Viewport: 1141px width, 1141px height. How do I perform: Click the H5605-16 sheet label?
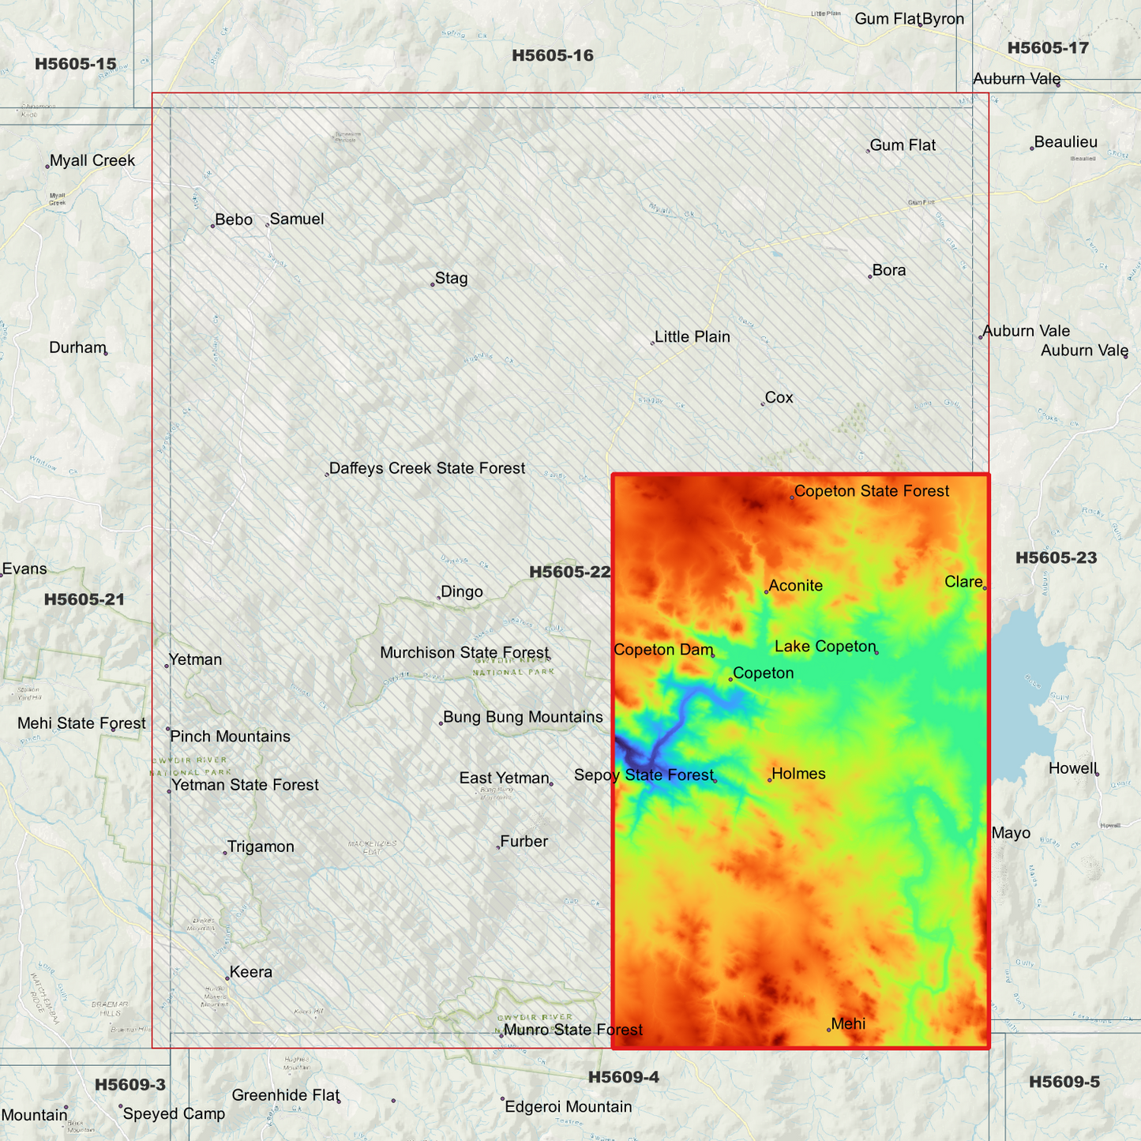(552, 55)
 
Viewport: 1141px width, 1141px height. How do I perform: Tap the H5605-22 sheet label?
(569, 572)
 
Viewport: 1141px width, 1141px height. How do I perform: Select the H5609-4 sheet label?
(623, 1077)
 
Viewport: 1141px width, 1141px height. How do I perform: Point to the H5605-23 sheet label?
(1056, 557)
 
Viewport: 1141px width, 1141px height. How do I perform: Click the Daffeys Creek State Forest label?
(426, 468)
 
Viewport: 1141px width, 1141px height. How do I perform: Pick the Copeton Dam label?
(662, 650)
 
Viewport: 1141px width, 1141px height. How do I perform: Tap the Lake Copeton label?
(825, 647)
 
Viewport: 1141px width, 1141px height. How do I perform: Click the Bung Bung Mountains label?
(523, 717)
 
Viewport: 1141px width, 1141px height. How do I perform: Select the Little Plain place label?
(692, 337)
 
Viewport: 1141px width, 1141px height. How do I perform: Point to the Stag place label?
(451, 279)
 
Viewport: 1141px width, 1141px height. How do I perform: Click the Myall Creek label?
(92, 161)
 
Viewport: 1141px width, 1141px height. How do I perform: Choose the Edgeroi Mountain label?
(568, 1107)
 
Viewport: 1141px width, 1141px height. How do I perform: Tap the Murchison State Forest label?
(464, 653)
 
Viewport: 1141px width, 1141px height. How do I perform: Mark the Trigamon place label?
(260, 847)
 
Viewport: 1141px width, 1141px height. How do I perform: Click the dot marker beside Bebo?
(212, 227)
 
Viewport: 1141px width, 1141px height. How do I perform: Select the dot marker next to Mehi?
(828, 1030)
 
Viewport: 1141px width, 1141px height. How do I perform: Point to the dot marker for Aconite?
(766, 592)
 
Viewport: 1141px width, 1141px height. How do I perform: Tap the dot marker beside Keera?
(227, 978)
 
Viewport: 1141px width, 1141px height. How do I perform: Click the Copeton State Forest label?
(871, 491)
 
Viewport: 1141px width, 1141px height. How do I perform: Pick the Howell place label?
(1072, 769)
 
